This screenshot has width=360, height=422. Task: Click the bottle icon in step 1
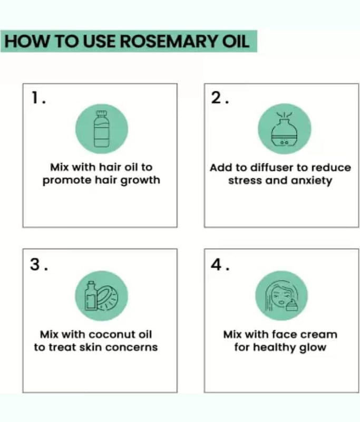(102, 129)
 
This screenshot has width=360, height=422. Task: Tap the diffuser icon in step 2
(285, 129)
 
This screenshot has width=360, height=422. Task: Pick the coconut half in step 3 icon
(108, 298)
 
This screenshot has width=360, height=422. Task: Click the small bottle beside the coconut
(91, 296)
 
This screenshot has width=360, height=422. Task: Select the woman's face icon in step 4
(279, 296)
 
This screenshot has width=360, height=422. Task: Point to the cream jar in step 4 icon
(292, 306)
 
